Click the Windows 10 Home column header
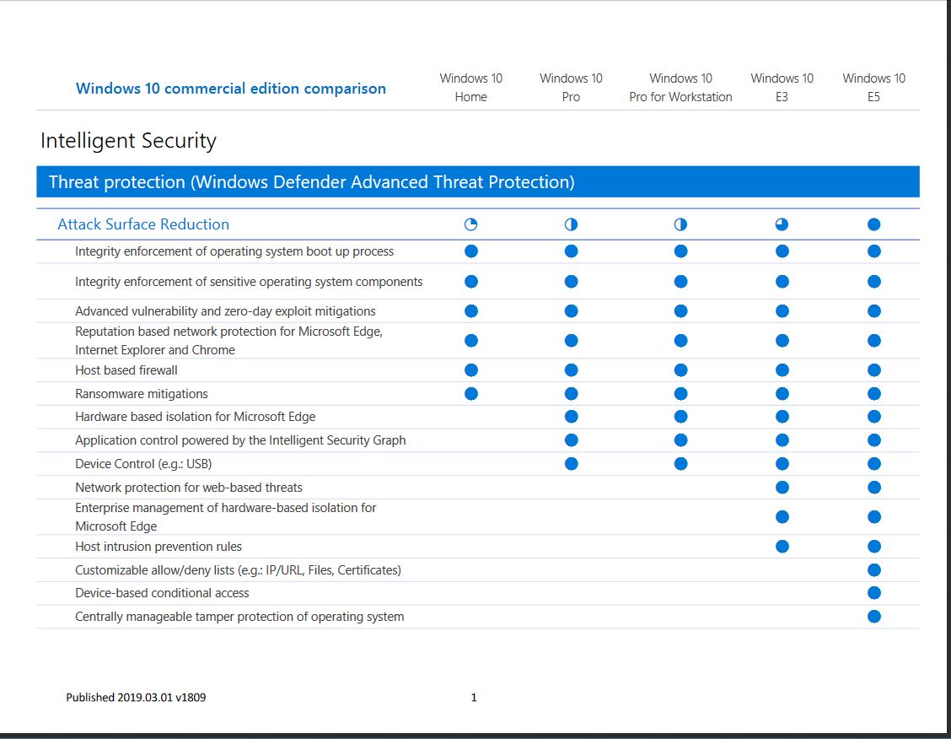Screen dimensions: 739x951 coord(470,87)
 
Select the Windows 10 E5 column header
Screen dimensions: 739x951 coord(873,87)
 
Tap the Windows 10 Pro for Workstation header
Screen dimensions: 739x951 coord(680,87)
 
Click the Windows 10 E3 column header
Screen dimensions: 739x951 coord(782,87)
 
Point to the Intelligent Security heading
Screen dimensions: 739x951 coord(128,141)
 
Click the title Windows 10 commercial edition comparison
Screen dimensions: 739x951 coord(231,89)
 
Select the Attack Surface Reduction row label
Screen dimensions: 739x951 coord(143,224)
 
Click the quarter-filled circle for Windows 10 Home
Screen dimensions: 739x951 coord(471,224)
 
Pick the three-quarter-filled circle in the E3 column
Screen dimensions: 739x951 coord(782,224)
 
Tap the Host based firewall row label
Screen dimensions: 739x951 coord(126,370)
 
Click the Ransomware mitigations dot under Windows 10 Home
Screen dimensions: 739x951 coord(471,393)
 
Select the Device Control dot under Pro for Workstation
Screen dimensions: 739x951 coord(680,463)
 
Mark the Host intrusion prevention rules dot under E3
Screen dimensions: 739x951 coord(782,547)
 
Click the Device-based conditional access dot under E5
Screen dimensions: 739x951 coord(873,593)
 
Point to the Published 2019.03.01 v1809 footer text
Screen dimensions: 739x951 coord(136,698)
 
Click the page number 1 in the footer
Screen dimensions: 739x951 coord(474,698)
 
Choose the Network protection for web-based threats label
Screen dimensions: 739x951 coord(189,488)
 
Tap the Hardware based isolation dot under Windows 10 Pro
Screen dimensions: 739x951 coord(571,416)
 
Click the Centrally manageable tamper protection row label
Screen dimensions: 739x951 coord(239,617)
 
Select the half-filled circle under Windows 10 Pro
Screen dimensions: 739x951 coord(571,224)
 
